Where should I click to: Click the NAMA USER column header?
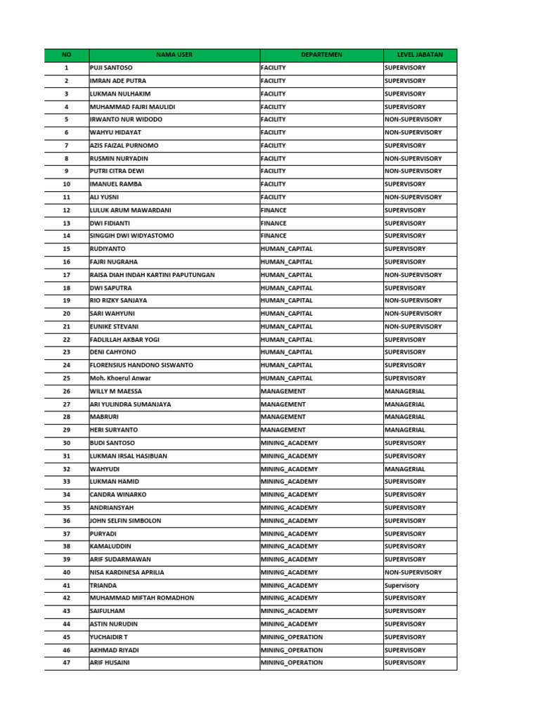coord(174,55)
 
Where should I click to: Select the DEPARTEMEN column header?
coord(321,55)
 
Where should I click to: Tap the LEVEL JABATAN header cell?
coord(420,55)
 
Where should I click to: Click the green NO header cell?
coord(67,55)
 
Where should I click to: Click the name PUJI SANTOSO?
coord(111,68)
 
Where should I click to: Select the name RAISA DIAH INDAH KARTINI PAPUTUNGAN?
coord(153,275)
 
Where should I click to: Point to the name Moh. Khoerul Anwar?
coord(120,378)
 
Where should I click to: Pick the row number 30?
coord(67,443)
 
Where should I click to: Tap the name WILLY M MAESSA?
coord(116,391)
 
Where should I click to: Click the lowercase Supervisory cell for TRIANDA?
coord(401,585)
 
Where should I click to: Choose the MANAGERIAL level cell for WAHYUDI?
coord(405,469)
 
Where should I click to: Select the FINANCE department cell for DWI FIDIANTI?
coord(274,223)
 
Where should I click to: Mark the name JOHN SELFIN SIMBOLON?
coord(125,521)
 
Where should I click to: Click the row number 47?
coord(67,662)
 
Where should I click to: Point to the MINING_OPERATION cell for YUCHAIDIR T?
coord(292,637)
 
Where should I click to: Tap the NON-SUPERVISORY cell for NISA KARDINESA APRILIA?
coord(413,572)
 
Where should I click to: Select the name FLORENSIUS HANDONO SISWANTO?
coord(141,365)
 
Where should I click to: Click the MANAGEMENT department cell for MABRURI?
coord(283,417)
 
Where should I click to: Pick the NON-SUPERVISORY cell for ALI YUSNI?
coord(413,198)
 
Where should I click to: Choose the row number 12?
coord(67,210)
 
